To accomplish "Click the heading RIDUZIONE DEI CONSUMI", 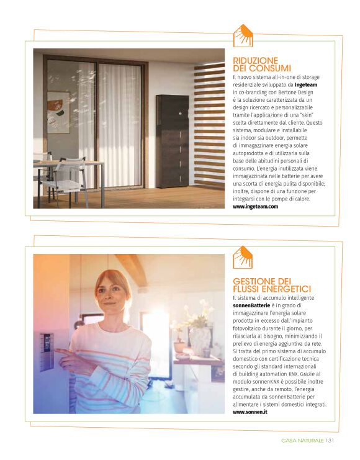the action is click(261, 64).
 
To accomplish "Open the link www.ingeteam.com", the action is click(255, 206).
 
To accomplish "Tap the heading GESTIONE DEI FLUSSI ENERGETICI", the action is click(271, 285).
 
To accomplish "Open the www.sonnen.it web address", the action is click(250, 412).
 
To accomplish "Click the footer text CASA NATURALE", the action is click(302, 441).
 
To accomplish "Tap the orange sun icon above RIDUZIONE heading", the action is click(243, 36).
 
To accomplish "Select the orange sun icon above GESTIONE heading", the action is click(243, 257).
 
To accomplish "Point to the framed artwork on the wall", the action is click(59, 112).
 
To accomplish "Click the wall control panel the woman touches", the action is click(47, 351).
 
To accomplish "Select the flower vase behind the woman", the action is click(200, 338).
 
